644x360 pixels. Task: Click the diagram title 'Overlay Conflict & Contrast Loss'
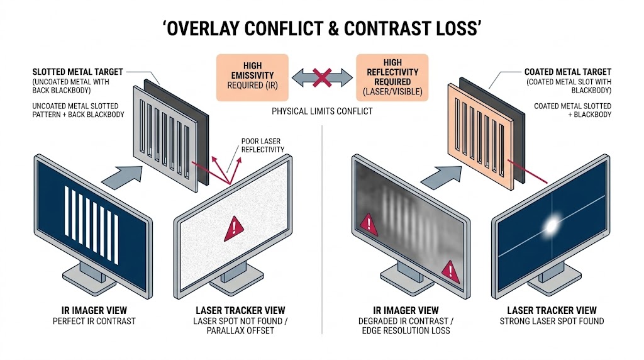point(321,28)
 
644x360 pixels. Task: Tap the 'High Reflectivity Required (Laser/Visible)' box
point(392,78)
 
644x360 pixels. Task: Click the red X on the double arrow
point(321,78)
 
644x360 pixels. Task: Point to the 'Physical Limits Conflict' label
point(321,111)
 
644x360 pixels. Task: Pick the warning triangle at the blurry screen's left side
point(367,222)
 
